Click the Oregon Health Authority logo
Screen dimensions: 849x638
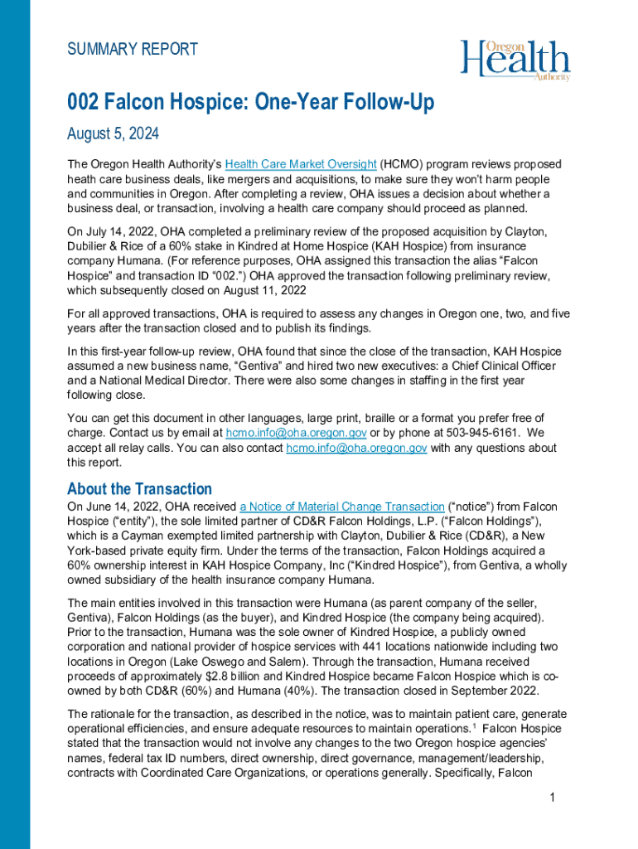(x=515, y=60)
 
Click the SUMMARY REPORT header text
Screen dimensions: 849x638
(x=133, y=50)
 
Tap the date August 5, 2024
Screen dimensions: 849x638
(x=113, y=133)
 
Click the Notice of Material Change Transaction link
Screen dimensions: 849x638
(x=342, y=507)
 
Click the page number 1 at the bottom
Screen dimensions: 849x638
(x=551, y=798)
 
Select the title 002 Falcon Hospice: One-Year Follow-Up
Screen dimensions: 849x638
(x=250, y=104)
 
